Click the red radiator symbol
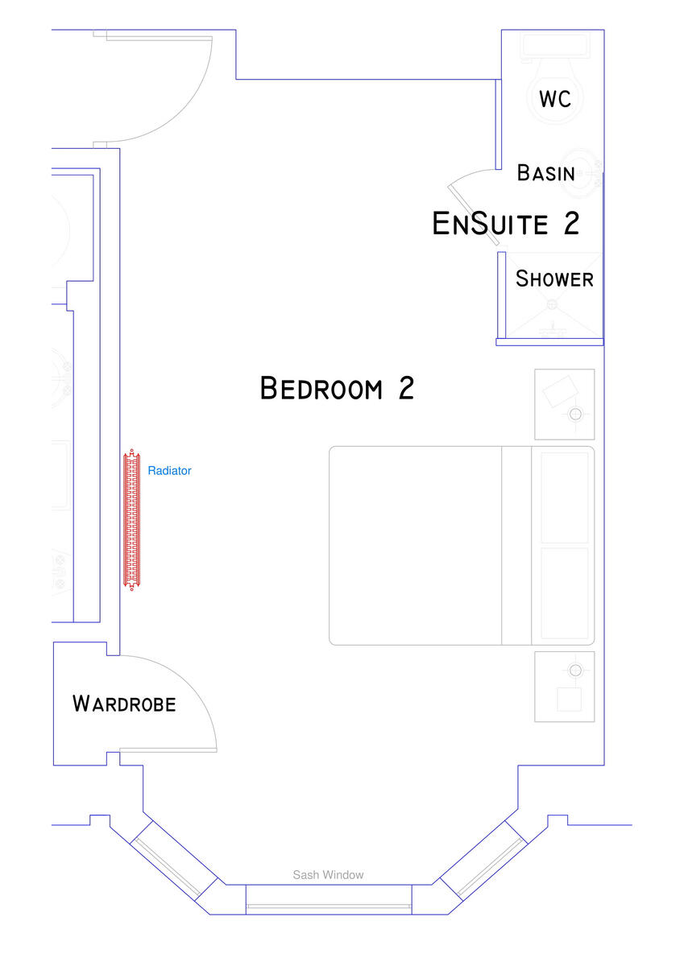pyautogui.click(x=131, y=519)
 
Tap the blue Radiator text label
pyautogui.click(x=169, y=471)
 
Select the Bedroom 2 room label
pyautogui.click(x=337, y=388)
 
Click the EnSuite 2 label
pyautogui.click(x=505, y=223)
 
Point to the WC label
pyautogui.click(x=555, y=99)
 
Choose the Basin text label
pyautogui.click(x=545, y=173)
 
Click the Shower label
pyautogui.click(x=554, y=279)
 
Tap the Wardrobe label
pyautogui.click(x=124, y=704)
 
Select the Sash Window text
pyautogui.click(x=328, y=875)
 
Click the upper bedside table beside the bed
pyautogui.click(x=564, y=404)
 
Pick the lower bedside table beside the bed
pyautogui.click(x=564, y=686)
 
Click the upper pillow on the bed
pyautogui.click(x=564, y=497)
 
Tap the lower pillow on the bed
pyautogui.click(x=564, y=594)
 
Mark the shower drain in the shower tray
pyautogui.click(x=552, y=304)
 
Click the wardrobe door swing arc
pyautogui.click(x=193, y=684)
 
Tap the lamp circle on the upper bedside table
pyautogui.click(x=575, y=415)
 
